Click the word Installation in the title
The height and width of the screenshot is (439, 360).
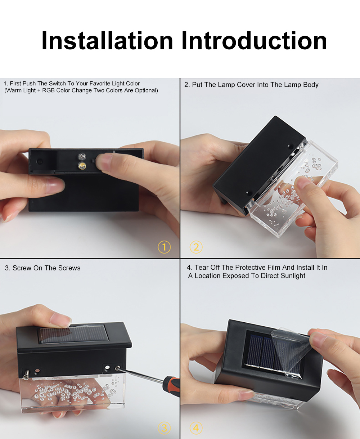(x=107, y=41)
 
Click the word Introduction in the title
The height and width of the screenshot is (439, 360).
(x=254, y=41)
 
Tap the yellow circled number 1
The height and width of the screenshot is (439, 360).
(x=164, y=247)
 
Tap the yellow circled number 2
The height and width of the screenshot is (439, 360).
(x=196, y=247)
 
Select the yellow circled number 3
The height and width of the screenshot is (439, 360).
(x=164, y=428)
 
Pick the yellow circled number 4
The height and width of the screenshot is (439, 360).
(x=196, y=428)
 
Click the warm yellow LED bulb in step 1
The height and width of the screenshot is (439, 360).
(x=82, y=166)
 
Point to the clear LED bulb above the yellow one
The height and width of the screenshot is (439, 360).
(x=82, y=157)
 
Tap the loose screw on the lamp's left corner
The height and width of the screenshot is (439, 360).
(x=26, y=374)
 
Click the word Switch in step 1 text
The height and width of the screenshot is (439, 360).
(x=57, y=84)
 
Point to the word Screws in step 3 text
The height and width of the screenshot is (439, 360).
(x=69, y=268)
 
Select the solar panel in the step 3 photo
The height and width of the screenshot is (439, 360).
(x=73, y=335)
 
